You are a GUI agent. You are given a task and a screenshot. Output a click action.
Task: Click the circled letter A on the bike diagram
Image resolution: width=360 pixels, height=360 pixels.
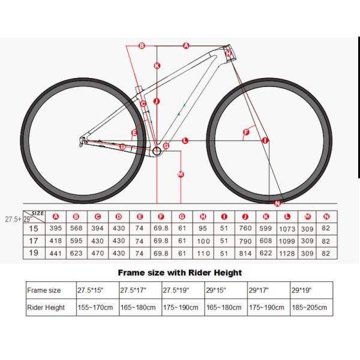coord(185,46)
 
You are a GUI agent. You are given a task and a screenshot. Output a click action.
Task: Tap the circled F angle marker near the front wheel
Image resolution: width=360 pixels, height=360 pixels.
coord(245,131)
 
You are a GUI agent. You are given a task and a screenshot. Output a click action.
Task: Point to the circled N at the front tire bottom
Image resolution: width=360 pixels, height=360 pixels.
coord(277,203)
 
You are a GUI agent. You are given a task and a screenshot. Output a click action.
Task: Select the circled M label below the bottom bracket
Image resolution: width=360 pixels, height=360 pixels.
coord(180,175)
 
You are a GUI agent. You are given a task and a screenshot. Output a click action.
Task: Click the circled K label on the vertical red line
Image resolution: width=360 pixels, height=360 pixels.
coord(157,66)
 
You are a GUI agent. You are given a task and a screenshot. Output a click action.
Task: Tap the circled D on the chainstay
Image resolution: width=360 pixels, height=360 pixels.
coord(122,146)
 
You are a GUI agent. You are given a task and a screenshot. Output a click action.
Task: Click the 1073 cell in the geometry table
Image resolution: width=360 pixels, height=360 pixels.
coord(287,229)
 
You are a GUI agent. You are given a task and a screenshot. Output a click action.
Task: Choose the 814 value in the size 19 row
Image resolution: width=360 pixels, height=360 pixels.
coord(245,254)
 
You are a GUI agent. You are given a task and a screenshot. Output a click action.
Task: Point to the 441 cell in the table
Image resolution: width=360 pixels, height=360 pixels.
coord(56,254)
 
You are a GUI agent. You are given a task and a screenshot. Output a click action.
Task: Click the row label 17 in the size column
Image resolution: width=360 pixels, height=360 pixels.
coord(34,241)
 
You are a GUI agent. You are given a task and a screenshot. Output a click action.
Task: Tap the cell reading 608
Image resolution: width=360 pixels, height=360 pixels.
coord(266,241)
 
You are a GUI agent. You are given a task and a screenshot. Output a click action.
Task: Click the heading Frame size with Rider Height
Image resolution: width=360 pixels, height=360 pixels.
coord(179,272)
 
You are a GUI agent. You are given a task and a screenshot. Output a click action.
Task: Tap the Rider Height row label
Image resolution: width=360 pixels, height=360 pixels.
coord(46,308)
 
